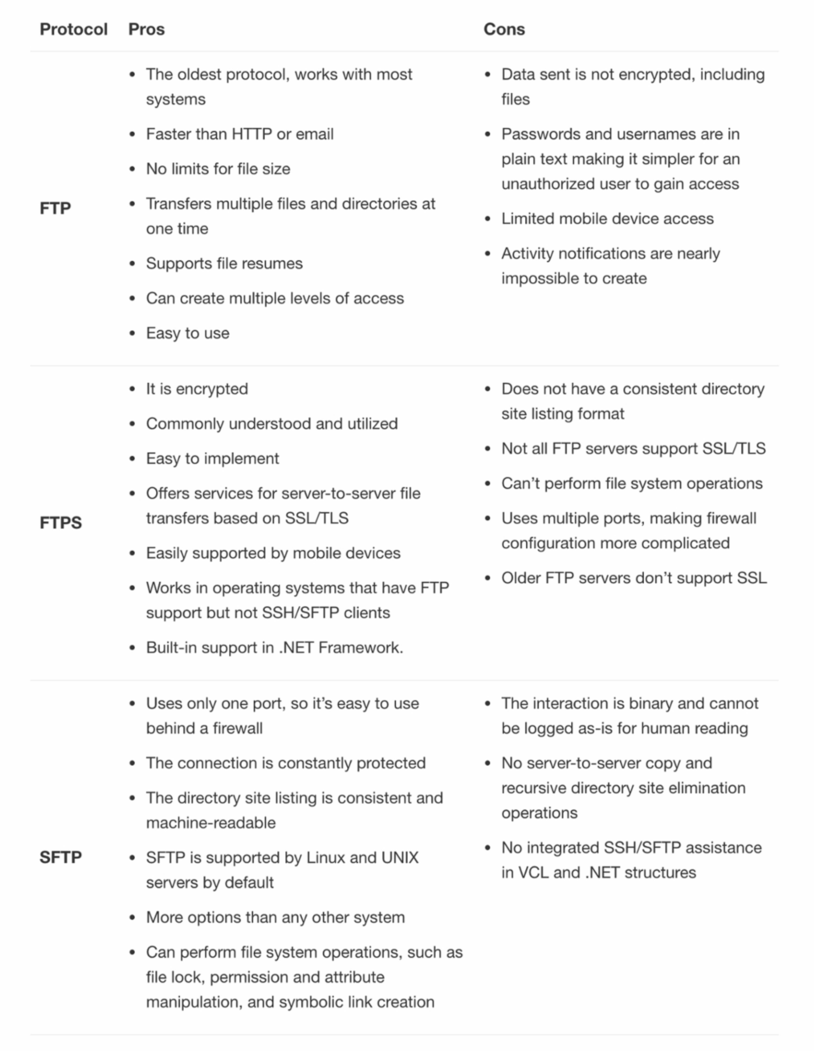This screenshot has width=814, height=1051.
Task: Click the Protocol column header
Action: point(73,29)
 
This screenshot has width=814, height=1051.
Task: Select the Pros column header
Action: point(146,29)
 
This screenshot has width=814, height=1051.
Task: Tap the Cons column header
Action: point(504,29)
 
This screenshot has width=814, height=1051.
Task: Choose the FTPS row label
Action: point(61,523)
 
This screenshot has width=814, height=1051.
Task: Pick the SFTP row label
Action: point(61,857)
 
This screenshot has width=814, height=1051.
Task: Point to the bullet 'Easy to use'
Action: point(188,333)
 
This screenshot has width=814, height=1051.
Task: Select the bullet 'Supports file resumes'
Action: point(224,264)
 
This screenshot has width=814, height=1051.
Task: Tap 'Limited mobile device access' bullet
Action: point(607,219)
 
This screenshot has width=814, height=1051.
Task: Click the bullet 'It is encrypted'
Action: point(197,389)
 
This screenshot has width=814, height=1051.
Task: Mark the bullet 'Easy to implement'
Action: point(212,459)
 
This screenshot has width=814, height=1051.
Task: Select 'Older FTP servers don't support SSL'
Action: point(634,578)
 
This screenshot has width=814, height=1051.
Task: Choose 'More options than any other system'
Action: point(275,917)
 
